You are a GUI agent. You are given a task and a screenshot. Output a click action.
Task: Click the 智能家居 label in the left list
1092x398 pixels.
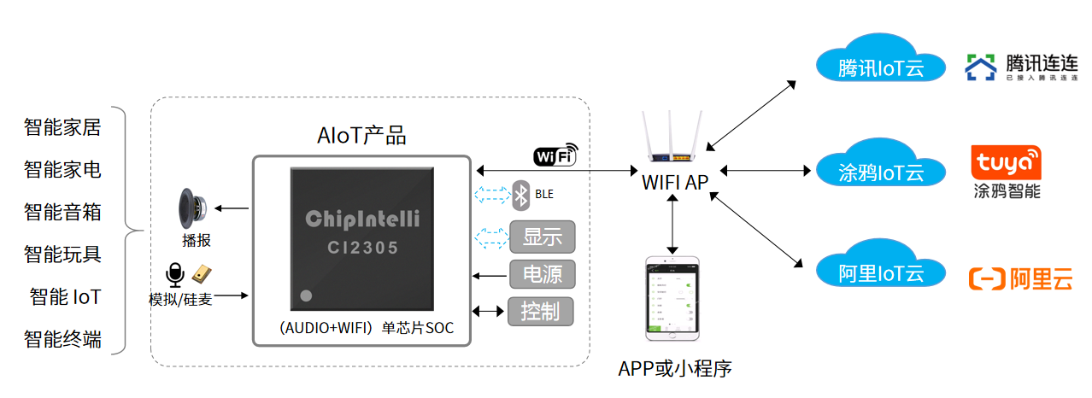click(62, 128)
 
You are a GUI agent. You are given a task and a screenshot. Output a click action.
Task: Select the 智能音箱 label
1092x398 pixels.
click(62, 212)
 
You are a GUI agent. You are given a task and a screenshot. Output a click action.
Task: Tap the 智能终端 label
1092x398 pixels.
click(62, 339)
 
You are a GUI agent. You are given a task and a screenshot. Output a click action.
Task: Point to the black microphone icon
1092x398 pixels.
click(174, 275)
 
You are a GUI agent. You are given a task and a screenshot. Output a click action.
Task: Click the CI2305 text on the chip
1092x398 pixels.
click(362, 249)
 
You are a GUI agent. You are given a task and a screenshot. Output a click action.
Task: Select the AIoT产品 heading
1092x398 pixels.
click(361, 135)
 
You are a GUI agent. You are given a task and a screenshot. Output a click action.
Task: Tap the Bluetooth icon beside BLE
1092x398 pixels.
click(520, 195)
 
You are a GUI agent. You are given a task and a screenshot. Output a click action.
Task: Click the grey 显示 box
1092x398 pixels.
click(542, 237)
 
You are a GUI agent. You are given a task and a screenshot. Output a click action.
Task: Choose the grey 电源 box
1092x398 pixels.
click(542, 274)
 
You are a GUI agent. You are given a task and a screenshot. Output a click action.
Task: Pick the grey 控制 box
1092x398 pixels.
click(541, 311)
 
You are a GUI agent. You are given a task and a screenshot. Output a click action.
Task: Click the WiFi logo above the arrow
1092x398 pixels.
click(555, 155)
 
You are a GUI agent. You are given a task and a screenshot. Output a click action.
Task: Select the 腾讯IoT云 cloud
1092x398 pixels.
click(880, 63)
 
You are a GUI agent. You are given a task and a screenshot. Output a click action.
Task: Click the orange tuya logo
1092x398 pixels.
click(1007, 161)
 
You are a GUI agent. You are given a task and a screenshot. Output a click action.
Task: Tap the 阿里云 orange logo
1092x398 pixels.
click(1020, 278)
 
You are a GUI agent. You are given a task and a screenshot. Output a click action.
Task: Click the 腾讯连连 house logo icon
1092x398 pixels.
click(981, 67)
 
